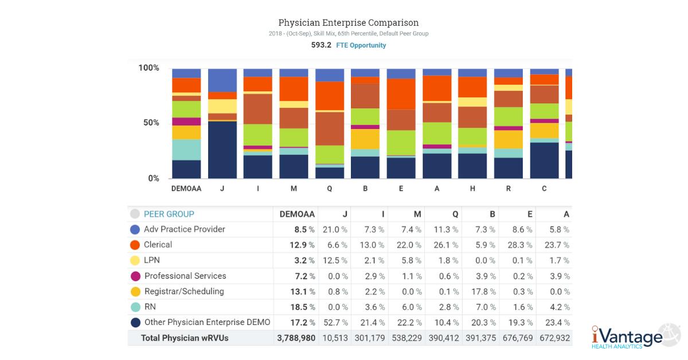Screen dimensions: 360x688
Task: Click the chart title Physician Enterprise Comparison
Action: (x=348, y=23)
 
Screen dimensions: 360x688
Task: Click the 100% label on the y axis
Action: (x=148, y=68)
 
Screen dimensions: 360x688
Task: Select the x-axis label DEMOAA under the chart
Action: (x=186, y=189)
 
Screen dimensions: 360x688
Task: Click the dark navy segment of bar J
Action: (x=222, y=150)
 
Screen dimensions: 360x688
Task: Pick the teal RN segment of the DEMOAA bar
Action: (x=186, y=150)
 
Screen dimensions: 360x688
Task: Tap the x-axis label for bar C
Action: (x=544, y=189)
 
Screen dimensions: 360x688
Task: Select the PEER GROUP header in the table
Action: (x=169, y=214)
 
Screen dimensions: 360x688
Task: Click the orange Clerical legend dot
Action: (x=135, y=245)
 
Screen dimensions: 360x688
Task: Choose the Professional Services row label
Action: (x=185, y=276)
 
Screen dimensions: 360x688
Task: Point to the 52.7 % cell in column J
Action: (x=335, y=322)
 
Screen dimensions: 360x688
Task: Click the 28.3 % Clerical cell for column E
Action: (x=520, y=245)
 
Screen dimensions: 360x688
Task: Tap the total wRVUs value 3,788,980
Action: (x=296, y=338)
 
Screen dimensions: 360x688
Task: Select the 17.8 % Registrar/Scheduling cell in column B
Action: (x=483, y=291)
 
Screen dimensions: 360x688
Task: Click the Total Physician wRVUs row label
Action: (x=185, y=338)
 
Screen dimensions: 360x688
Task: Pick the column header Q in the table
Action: (x=455, y=214)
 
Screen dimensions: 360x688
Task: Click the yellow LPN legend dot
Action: (x=135, y=260)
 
